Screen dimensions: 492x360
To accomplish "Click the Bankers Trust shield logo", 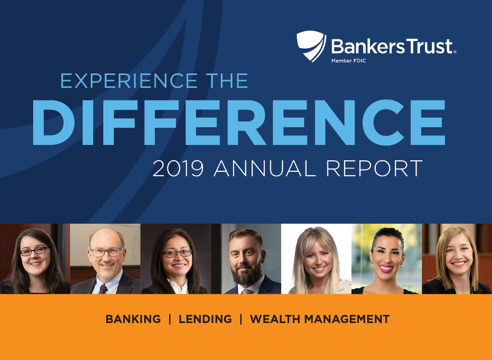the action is (x=311, y=46).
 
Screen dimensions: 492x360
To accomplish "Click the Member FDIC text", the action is (x=349, y=61).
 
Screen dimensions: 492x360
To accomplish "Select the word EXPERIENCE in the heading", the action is (x=129, y=81).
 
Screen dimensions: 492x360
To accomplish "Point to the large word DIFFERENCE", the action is (x=239, y=122).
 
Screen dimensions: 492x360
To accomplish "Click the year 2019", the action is (x=178, y=168).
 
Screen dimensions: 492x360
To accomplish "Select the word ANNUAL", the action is (x=265, y=168).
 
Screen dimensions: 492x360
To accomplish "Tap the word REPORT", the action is (x=374, y=168).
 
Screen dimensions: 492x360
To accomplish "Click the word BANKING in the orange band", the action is (x=133, y=319).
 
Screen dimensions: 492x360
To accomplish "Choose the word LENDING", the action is (x=205, y=319).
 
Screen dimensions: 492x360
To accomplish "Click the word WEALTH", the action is (x=275, y=319).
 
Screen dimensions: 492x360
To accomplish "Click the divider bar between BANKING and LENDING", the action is (x=170, y=319).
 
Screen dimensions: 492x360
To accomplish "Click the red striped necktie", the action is (x=103, y=289).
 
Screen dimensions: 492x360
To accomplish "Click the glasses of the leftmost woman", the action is (x=34, y=251).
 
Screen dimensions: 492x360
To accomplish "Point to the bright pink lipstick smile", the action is (x=386, y=268).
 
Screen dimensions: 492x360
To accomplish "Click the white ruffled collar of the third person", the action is (x=178, y=286).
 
